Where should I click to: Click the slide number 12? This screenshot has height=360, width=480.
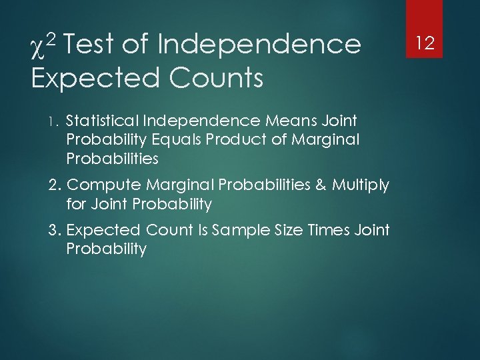point(425,44)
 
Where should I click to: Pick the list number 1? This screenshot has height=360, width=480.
point(55,121)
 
